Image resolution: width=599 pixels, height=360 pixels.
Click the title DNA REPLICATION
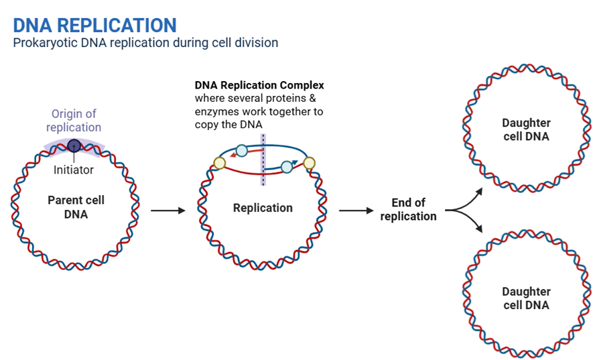coord(94,25)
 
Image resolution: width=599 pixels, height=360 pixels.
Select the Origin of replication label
coord(74,120)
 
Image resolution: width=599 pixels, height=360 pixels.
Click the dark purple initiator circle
coord(74,145)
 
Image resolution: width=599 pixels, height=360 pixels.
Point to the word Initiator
coord(74,170)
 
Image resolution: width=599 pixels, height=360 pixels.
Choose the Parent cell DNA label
coord(76,207)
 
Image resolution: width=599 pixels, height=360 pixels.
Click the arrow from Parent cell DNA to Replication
coord(168,211)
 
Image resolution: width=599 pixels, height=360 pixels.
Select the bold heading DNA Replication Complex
coord(259,86)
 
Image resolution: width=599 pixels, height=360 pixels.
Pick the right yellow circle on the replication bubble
coord(309,162)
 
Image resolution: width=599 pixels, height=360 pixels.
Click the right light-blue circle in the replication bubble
coord(287,166)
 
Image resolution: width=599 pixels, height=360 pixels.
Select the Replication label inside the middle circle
coord(263,208)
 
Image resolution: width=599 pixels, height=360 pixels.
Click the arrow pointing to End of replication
coord(356,211)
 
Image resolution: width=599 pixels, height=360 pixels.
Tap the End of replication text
coord(408,209)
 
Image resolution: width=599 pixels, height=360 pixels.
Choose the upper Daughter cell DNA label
coord(526,129)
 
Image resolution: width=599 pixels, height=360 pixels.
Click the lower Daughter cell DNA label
coord(526,298)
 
